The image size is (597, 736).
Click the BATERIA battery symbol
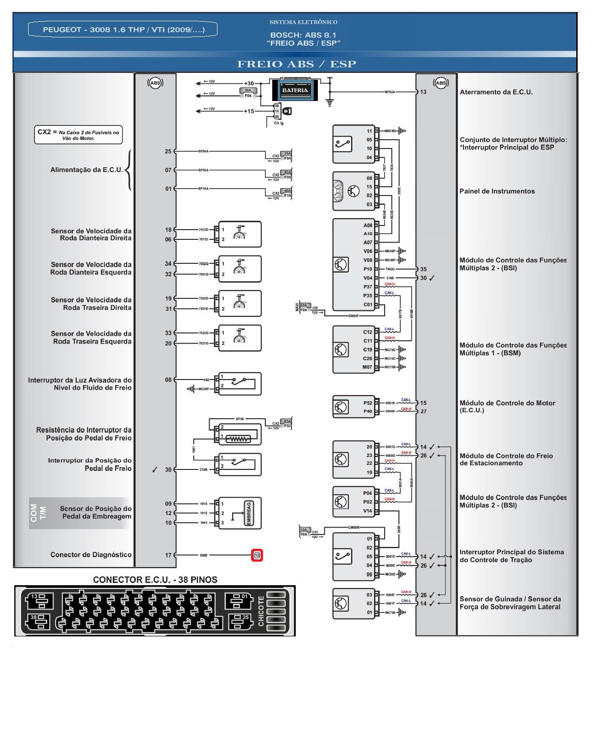click(x=295, y=90)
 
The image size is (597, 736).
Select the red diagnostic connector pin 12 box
click(x=257, y=555)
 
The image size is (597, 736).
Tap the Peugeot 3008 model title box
click(x=123, y=30)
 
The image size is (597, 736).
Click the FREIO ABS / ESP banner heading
click(x=297, y=64)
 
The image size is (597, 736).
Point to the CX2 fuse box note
click(x=78, y=135)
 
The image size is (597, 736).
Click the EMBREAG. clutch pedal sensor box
click(x=240, y=513)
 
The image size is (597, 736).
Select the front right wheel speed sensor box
click(x=240, y=234)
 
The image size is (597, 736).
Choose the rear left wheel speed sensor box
click(x=240, y=338)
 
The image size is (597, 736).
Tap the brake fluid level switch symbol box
click(x=240, y=384)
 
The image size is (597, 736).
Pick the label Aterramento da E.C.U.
click(x=496, y=92)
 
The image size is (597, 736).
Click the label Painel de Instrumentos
click(x=497, y=191)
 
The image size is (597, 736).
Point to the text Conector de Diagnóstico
click(x=91, y=555)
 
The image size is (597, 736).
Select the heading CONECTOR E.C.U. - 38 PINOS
click(x=155, y=580)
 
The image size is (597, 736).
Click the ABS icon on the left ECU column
click(x=155, y=83)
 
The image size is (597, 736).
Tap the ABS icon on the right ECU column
click(x=441, y=83)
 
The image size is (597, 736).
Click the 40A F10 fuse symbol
click(x=287, y=193)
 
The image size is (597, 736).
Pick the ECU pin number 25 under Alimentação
click(x=168, y=151)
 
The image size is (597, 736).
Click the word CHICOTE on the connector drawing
click(x=261, y=611)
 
